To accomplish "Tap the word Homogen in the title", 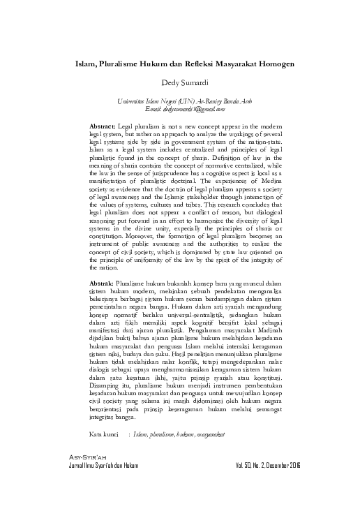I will tap(276, 62).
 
